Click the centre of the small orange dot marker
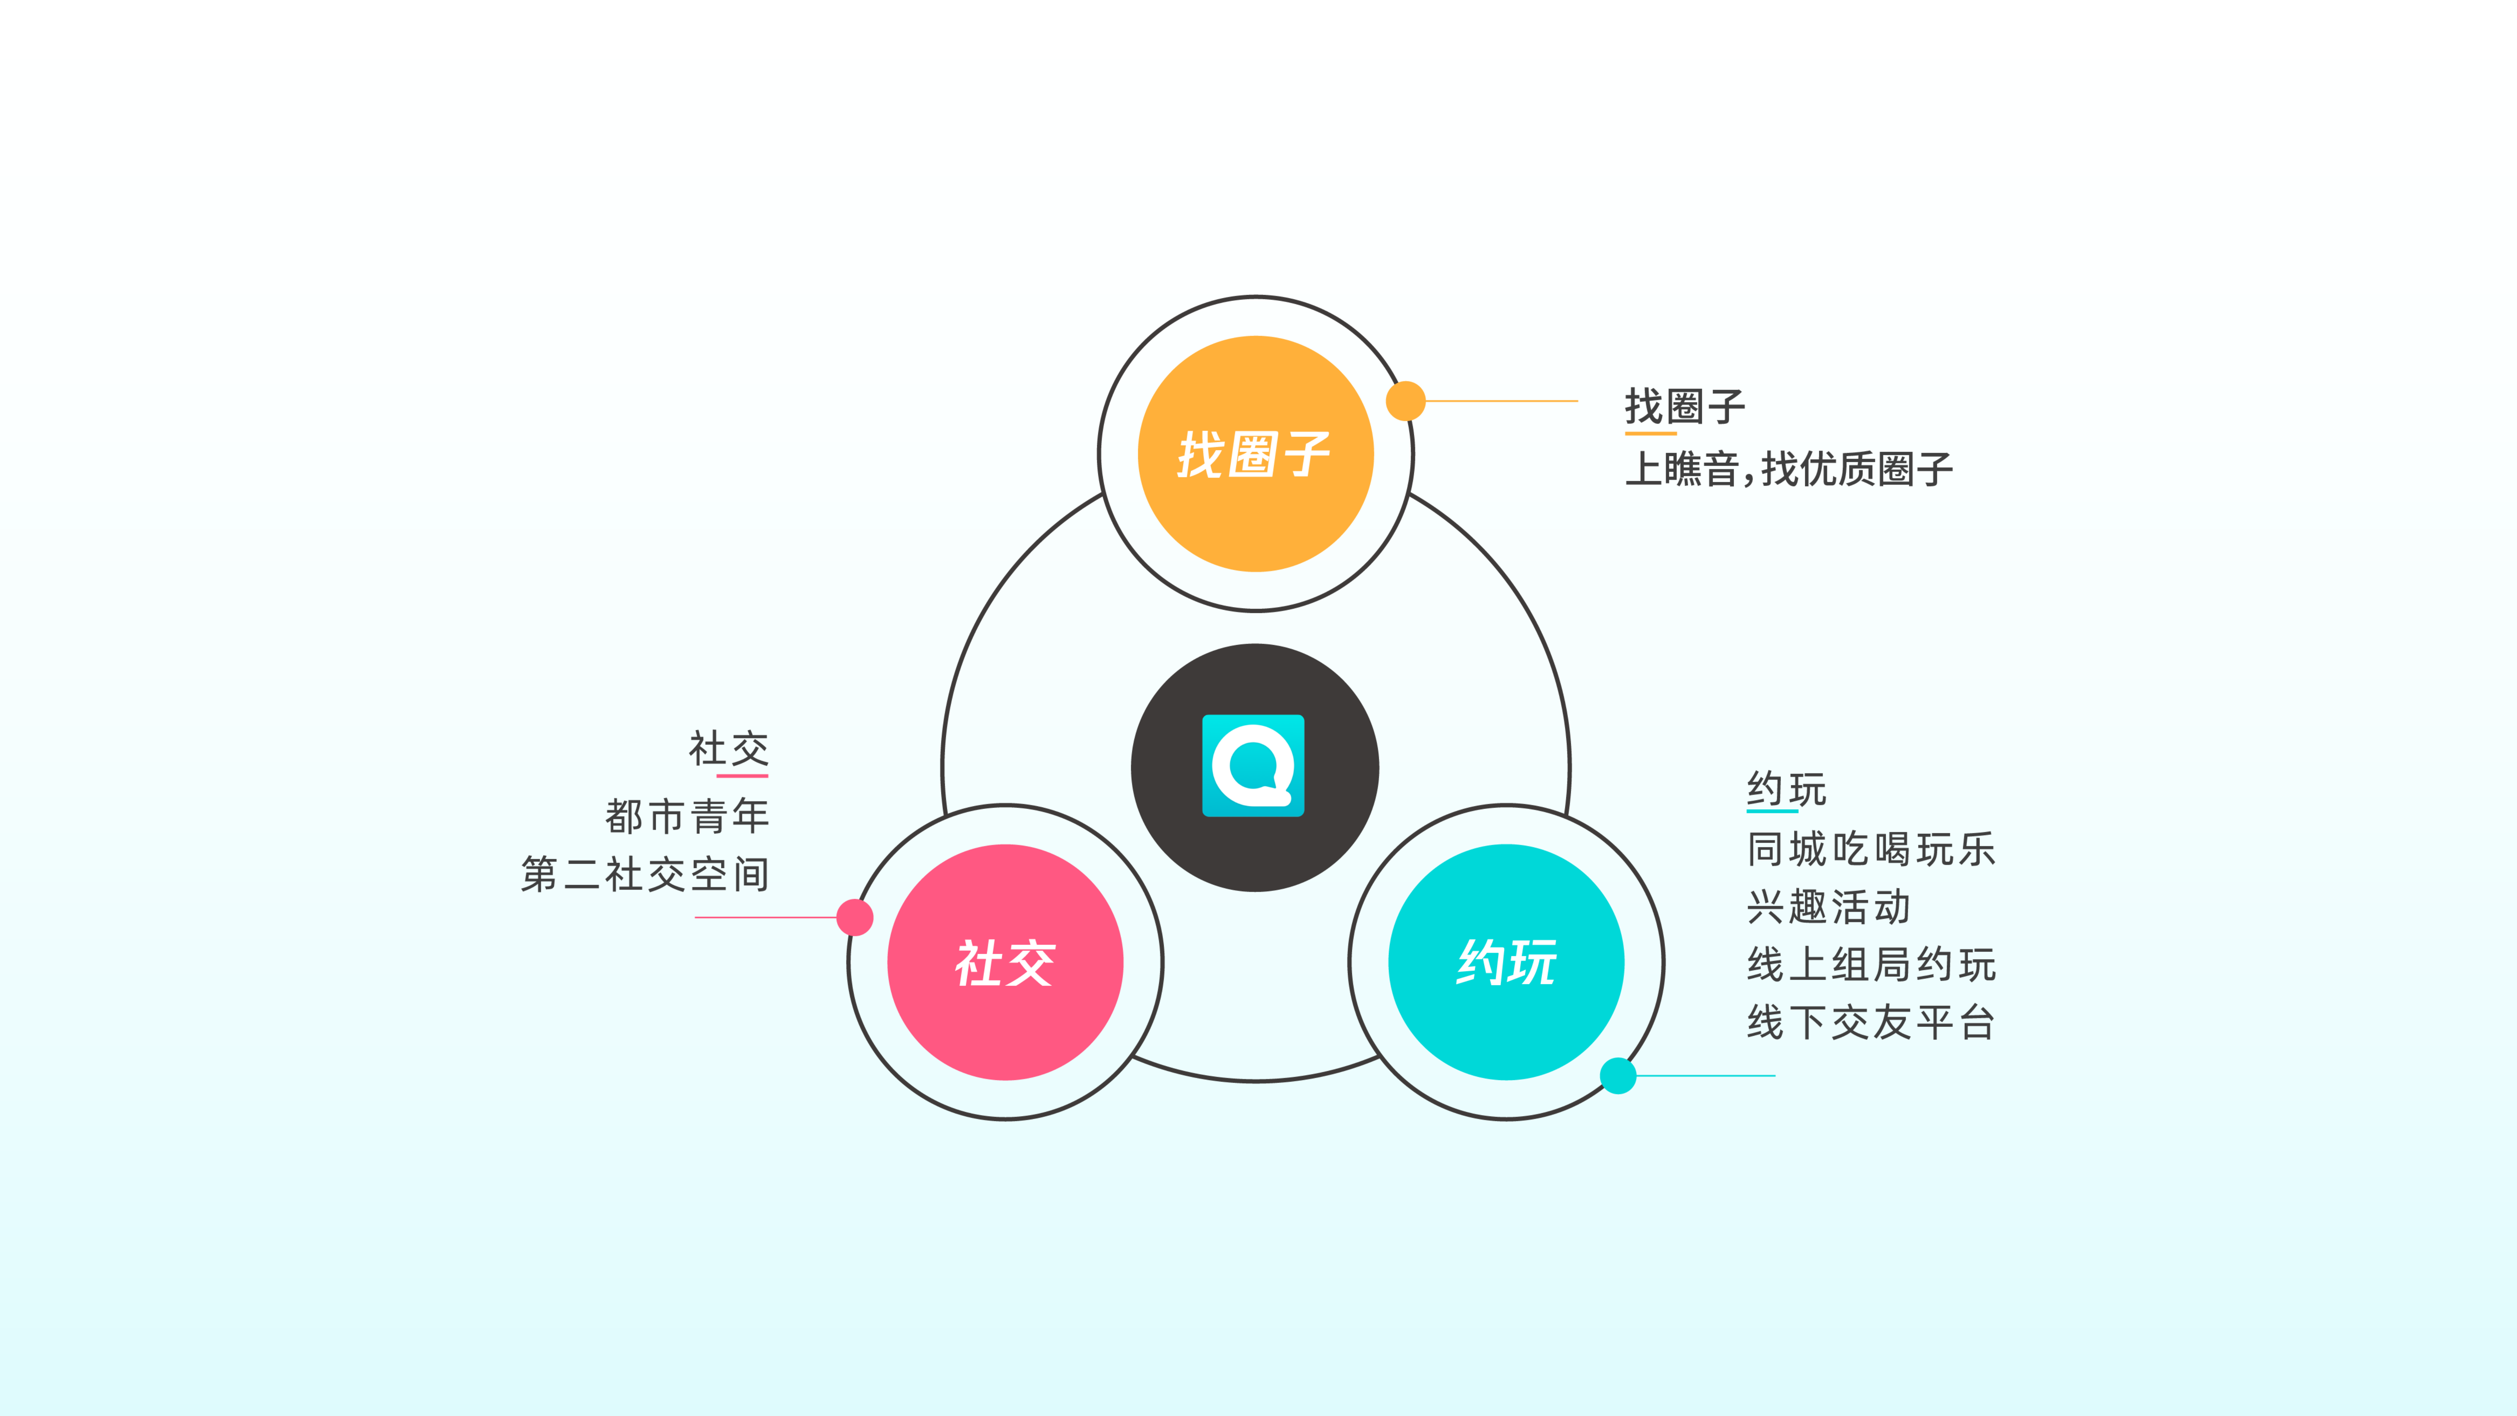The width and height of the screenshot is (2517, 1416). pos(1405,401)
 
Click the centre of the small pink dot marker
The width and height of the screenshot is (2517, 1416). pos(855,918)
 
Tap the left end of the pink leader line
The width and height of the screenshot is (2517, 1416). pos(695,918)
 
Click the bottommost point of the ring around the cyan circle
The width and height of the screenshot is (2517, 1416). pos(1507,1119)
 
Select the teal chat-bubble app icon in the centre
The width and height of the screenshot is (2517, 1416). pos(1253,765)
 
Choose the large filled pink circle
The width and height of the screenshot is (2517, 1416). pos(1005,963)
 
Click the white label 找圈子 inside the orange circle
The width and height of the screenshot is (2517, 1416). pos(1255,455)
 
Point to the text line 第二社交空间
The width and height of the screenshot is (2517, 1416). pos(645,874)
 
